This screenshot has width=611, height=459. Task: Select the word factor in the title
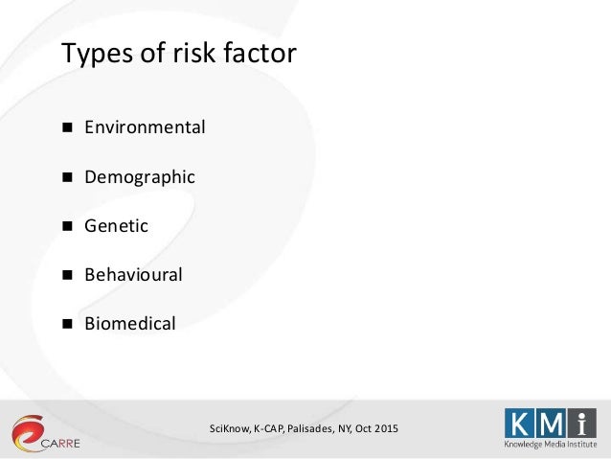point(260,54)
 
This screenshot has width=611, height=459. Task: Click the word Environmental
point(145,126)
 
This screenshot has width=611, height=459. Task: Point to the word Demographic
point(140,176)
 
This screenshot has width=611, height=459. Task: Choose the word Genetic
point(116,226)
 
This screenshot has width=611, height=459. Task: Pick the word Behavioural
point(133,275)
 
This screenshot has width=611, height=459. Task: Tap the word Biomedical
point(130,324)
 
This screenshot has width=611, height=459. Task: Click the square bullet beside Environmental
point(68,127)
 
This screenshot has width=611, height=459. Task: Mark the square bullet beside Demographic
point(68,177)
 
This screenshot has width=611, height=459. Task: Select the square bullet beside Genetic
point(68,226)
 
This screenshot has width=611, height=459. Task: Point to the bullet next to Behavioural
point(68,276)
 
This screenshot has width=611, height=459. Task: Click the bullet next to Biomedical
point(68,325)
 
